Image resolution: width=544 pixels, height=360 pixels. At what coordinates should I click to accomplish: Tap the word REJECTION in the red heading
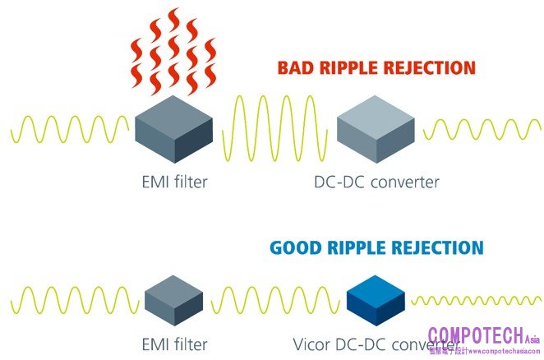pyautogui.click(x=431, y=68)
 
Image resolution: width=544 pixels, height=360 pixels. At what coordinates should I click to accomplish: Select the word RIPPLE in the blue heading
pyautogui.click(x=361, y=247)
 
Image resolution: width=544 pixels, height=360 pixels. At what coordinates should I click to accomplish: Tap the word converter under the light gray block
pyautogui.click(x=403, y=182)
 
